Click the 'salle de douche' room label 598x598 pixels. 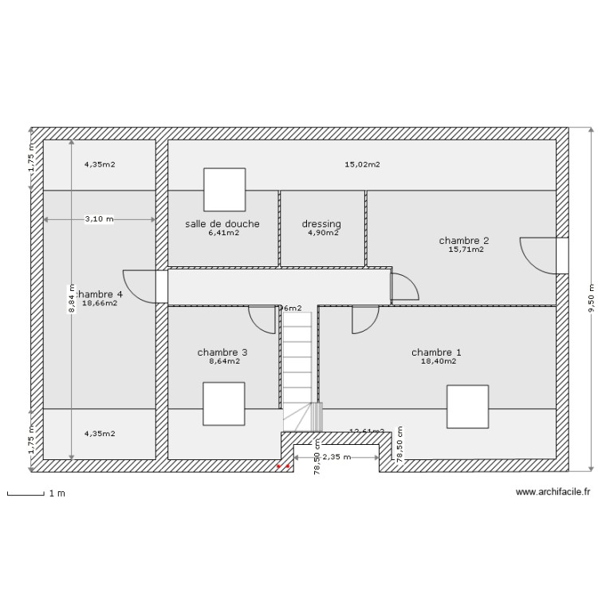[x=222, y=224]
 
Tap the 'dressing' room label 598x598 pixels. [x=321, y=224]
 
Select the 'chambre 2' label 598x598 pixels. [x=463, y=240]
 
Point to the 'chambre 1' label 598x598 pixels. [x=436, y=352]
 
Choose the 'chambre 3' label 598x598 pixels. [x=222, y=352]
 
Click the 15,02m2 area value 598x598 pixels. [x=362, y=165]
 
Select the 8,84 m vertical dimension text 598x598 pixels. [x=71, y=300]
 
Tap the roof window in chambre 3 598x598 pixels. [x=223, y=403]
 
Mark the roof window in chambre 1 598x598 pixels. [x=467, y=406]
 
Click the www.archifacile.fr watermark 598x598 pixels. [x=553, y=493]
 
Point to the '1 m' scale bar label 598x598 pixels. [x=57, y=494]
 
